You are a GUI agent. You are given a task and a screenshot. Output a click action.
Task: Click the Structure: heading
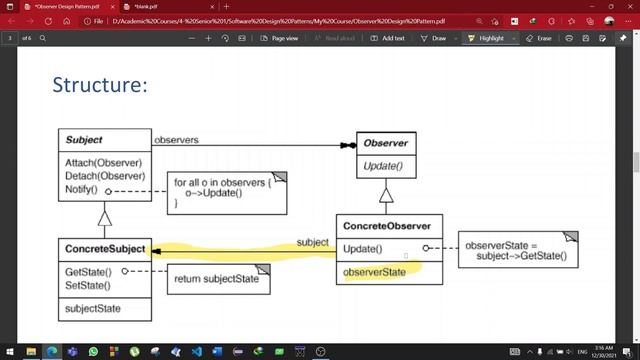[x=100, y=85]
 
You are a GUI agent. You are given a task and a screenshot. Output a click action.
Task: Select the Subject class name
[x=84, y=139]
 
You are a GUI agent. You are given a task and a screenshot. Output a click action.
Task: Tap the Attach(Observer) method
[x=104, y=162]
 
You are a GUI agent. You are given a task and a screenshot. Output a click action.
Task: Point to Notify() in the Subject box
[x=81, y=189]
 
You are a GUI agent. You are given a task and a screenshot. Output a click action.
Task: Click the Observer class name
[x=385, y=144]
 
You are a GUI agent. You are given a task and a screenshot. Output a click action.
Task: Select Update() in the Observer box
[x=383, y=166]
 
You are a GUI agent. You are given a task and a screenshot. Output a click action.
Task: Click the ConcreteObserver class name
[x=388, y=226]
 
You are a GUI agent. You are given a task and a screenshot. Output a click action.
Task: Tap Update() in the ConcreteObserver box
[x=362, y=248]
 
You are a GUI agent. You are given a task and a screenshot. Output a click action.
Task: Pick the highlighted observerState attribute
[x=374, y=272]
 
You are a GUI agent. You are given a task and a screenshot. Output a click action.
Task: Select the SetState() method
[x=88, y=285]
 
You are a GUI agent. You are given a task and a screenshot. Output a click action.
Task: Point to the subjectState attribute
[x=92, y=308]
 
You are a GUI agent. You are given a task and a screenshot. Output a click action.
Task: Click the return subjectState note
[x=217, y=278]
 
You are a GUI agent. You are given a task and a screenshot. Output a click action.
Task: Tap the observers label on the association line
[x=176, y=139]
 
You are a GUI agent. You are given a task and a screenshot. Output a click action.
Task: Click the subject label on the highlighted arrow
[x=312, y=242]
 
